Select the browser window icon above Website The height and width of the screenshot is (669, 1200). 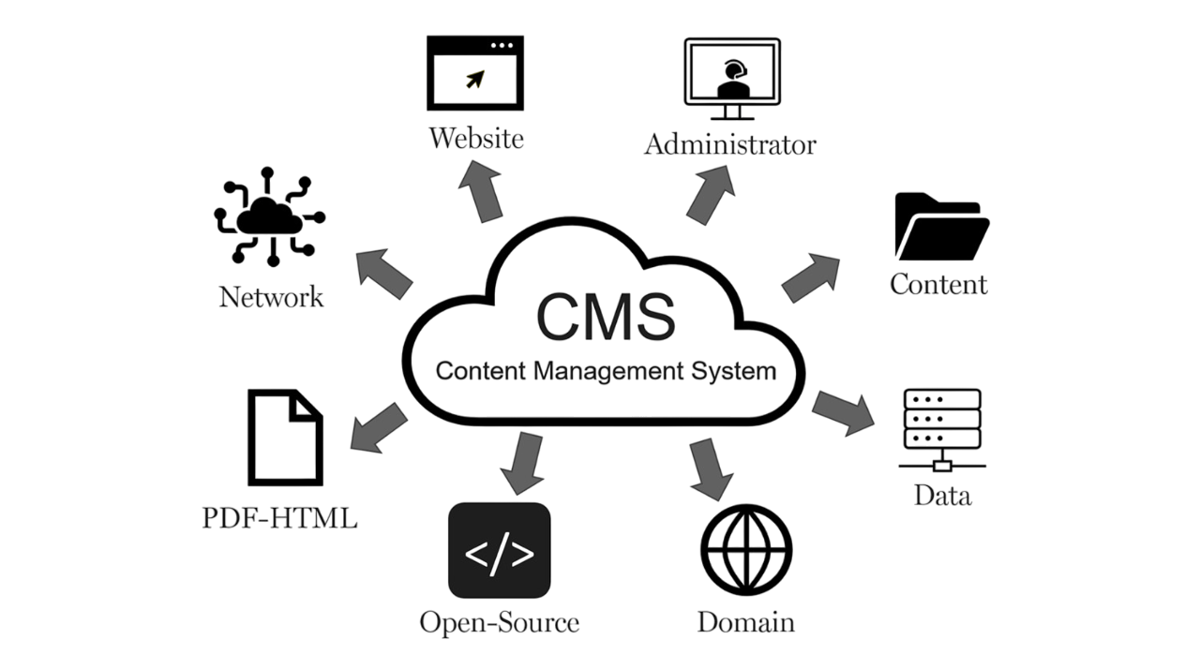[474, 73]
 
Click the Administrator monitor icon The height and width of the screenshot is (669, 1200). [731, 79]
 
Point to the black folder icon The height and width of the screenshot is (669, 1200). [940, 227]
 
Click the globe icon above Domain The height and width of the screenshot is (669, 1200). [746, 551]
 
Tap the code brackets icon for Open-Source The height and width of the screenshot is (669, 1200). [499, 551]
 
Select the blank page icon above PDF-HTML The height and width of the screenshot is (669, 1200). [285, 437]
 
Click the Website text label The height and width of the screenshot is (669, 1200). [475, 140]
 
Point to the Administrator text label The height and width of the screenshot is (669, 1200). [730, 145]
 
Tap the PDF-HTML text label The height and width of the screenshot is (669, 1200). [279, 518]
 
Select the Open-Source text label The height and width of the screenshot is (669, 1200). [499, 622]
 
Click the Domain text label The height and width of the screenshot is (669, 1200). [745, 622]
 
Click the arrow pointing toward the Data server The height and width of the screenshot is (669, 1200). [843, 411]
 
